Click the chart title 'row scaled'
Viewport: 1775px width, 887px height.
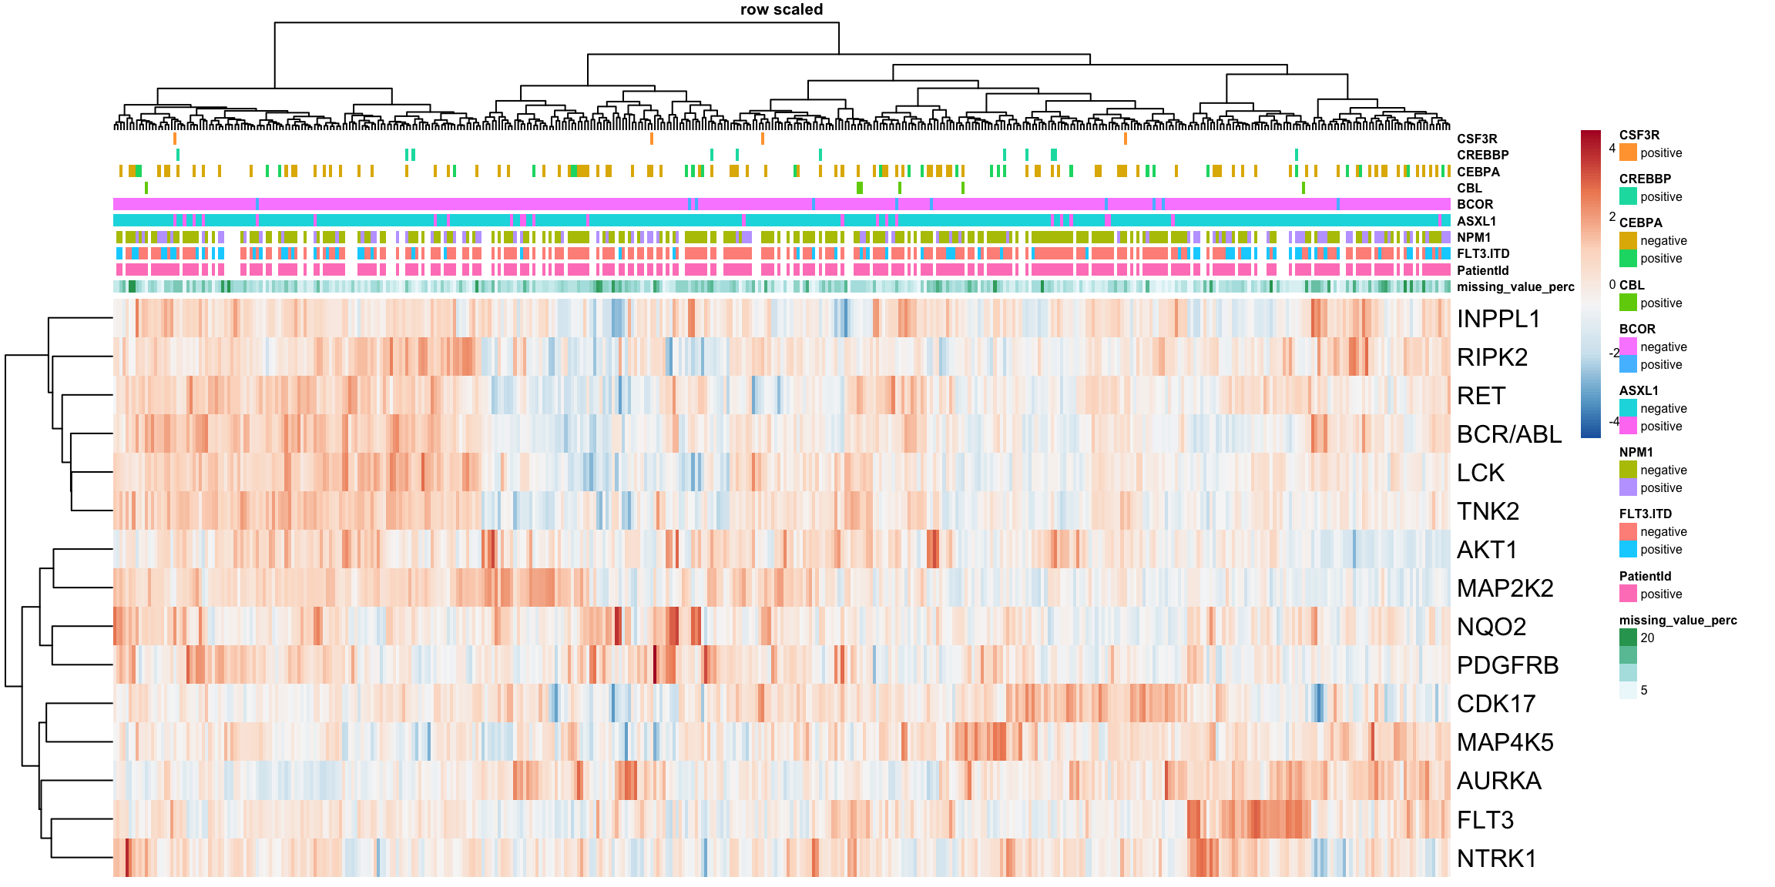coord(781,10)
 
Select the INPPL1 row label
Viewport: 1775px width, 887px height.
coord(1498,319)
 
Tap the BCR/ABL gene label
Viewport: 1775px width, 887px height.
coord(1509,434)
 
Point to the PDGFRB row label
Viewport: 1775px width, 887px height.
coord(1508,665)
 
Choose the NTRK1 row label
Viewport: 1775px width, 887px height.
coord(1497,858)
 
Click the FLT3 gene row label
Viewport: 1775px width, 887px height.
coord(1485,820)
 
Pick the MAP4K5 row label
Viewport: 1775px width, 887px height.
coord(1505,742)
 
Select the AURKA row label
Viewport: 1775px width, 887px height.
coord(1499,781)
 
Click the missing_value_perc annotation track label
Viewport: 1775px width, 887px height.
coord(1515,287)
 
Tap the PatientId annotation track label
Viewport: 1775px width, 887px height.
coord(1482,270)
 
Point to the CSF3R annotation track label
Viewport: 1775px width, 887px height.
coord(1477,139)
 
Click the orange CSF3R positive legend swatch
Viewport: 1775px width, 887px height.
coord(1628,152)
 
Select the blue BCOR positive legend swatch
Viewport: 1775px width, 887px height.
coord(1628,364)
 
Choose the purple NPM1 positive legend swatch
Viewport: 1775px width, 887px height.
coord(1628,487)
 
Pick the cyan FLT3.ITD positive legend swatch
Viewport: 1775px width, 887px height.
coord(1628,549)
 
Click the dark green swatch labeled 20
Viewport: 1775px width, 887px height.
coord(1628,638)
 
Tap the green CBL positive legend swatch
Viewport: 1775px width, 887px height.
coord(1628,303)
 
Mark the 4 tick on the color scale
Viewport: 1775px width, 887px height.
coord(1612,148)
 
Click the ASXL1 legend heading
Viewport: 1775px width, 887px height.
coord(1639,390)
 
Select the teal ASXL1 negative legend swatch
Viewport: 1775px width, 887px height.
coord(1628,408)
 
